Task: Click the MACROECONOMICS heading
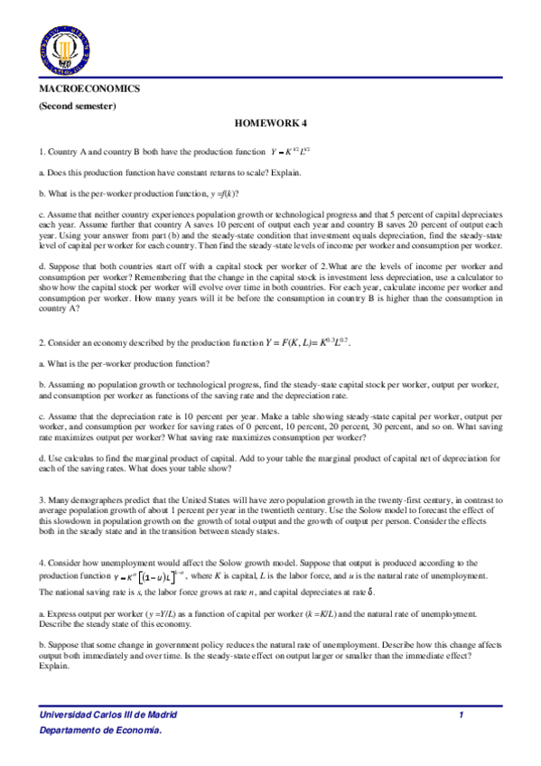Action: coord(89,90)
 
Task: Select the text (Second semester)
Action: coord(77,107)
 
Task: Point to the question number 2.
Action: coord(42,343)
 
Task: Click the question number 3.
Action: coord(42,500)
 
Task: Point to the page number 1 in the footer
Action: coord(461,715)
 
